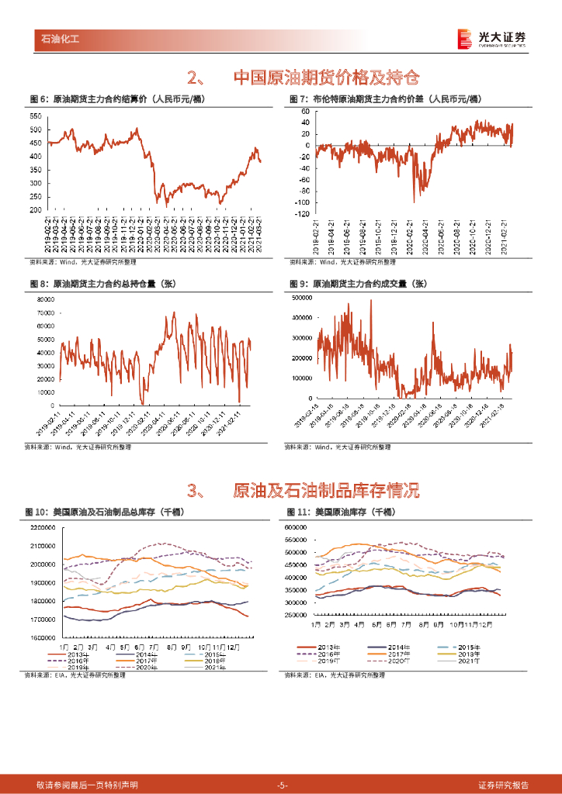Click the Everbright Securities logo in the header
492,38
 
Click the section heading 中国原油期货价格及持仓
326,77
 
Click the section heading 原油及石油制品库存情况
326,490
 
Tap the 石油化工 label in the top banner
61,37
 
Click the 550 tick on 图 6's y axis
35,116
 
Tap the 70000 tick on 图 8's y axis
45,312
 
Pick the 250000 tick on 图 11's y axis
296,615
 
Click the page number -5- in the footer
282,785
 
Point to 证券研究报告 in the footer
504,785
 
